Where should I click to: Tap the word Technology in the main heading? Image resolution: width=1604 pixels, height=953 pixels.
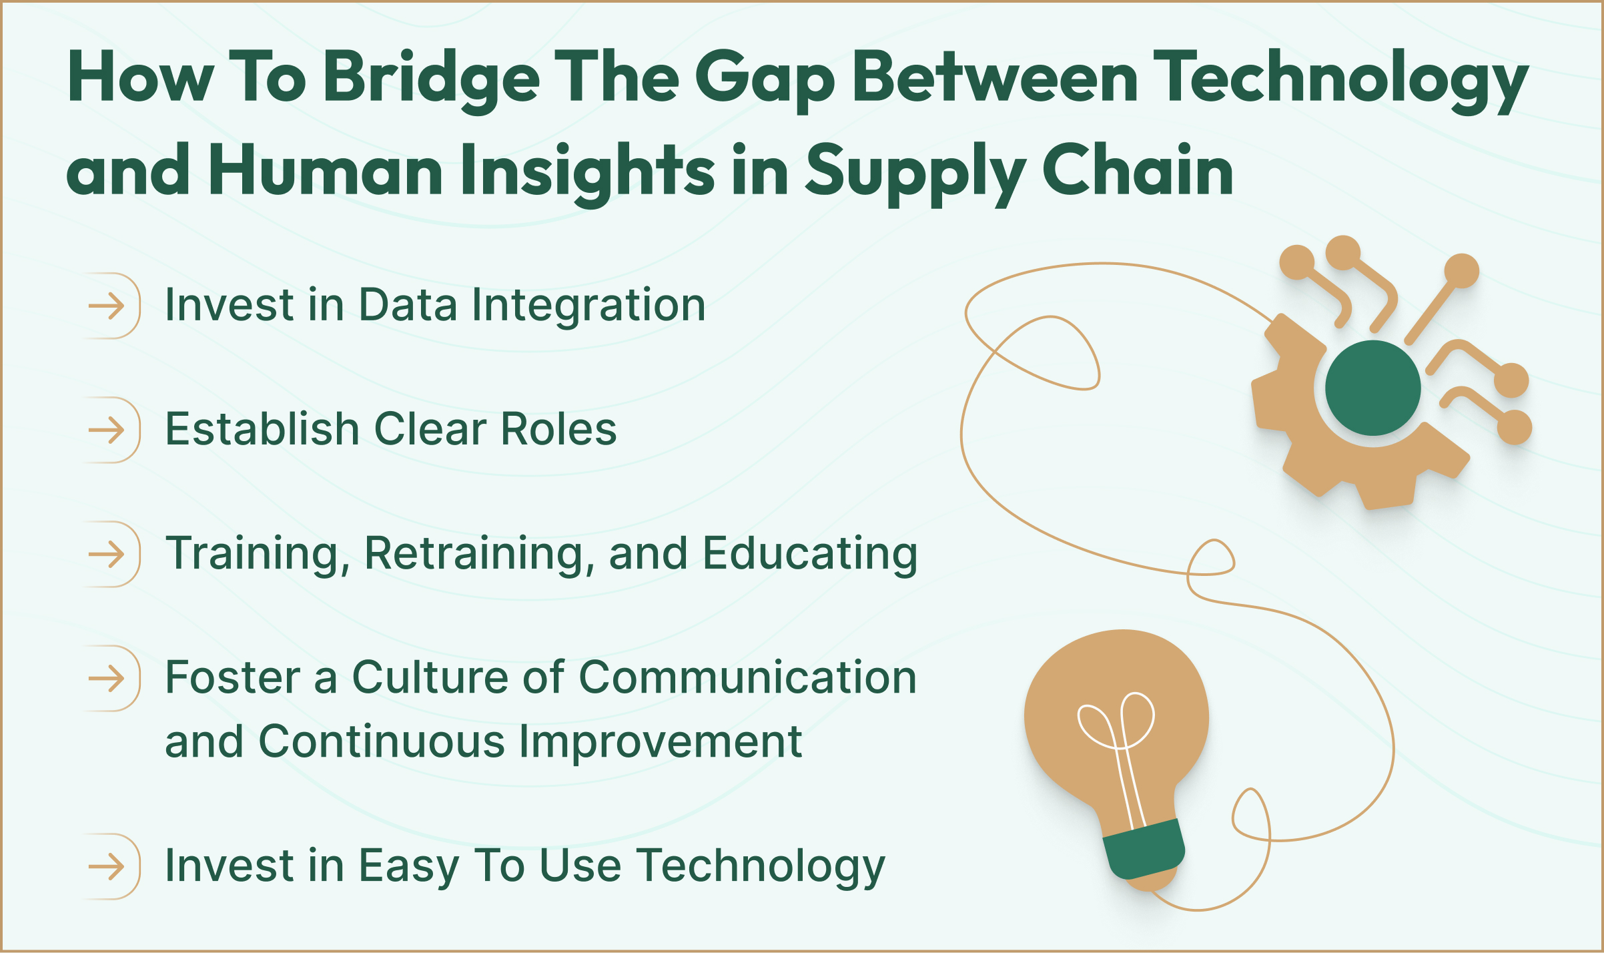[1340, 79]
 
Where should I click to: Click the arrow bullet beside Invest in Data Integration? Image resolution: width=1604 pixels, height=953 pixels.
[107, 306]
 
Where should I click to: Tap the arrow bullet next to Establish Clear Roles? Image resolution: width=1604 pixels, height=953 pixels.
[107, 430]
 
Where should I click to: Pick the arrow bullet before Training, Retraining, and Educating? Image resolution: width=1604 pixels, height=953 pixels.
[107, 555]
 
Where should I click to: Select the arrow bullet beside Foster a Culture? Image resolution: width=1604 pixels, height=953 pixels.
[107, 679]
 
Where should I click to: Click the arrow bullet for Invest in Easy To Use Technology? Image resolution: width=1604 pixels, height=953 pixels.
[107, 867]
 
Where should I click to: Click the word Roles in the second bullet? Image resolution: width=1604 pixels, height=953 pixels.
[558, 429]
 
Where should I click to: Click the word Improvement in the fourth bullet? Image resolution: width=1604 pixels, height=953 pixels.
[660, 741]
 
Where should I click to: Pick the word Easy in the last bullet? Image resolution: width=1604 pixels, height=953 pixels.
[408, 866]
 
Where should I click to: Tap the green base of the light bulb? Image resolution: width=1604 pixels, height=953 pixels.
[1143, 850]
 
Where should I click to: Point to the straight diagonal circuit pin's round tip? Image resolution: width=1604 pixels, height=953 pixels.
[1462, 271]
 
